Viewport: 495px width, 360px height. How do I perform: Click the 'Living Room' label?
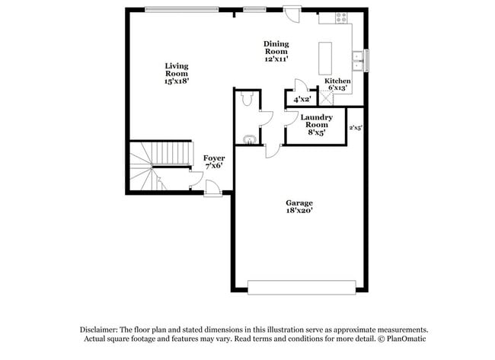pyautogui.click(x=176, y=70)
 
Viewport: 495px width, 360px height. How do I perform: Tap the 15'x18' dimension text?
pyautogui.click(x=176, y=80)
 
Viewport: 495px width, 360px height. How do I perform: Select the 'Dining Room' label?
pyautogui.click(x=276, y=48)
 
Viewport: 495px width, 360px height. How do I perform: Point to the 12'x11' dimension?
pyautogui.click(x=276, y=59)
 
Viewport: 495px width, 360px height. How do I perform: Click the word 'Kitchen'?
pyautogui.click(x=337, y=81)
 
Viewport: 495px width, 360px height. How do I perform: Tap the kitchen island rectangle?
pyautogui.click(x=328, y=58)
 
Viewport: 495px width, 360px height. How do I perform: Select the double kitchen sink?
pyautogui.click(x=356, y=59)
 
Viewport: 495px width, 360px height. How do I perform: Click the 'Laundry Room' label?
pyautogui.click(x=316, y=122)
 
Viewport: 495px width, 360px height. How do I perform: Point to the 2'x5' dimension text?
pyautogui.click(x=355, y=128)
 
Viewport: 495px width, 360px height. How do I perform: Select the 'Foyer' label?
pyautogui.click(x=214, y=158)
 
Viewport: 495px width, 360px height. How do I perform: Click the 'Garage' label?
pyautogui.click(x=299, y=203)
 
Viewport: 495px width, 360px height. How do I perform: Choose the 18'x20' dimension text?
pyautogui.click(x=299, y=212)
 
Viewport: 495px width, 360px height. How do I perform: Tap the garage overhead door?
pyautogui.click(x=302, y=286)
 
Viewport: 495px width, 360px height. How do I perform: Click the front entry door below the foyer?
pyautogui.click(x=213, y=191)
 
